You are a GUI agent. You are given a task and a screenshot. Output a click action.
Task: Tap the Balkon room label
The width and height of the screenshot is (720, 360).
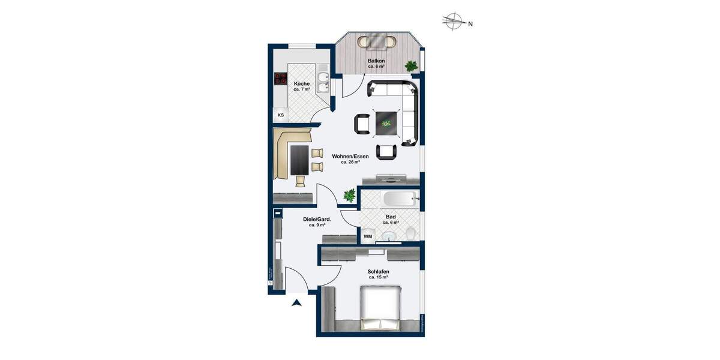pyautogui.click(x=376, y=61)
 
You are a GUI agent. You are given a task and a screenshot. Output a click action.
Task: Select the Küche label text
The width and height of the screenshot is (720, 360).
pyautogui.click(x=302, y=83)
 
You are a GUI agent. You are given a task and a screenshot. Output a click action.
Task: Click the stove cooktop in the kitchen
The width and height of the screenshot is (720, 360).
pyautogui.click(x=280, y=77)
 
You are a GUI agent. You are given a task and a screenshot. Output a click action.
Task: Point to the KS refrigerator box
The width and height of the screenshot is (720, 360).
pyautogui.click(x=280, y=115)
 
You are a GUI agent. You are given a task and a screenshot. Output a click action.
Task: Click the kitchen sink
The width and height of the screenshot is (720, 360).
pyautogui.click(x=323, y=83)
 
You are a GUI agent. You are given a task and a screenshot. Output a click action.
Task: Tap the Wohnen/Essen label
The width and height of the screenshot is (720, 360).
pyautogui.click(x=350, y=156)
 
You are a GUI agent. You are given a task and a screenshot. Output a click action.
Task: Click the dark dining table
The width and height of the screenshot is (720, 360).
pyautogui.click(x=299, y=160)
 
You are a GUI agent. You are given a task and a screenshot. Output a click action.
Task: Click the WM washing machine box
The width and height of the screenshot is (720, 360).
pyautogui.click(x=368, y=236)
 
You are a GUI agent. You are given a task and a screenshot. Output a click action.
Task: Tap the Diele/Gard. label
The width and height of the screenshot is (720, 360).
pyautogui.click(x=317, y=219)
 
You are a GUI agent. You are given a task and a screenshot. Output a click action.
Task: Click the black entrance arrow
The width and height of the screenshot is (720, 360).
pyautogui.click(x=296, y=303)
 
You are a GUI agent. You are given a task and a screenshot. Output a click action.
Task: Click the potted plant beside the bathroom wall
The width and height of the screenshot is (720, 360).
pyautogui.click(x=349, y=194)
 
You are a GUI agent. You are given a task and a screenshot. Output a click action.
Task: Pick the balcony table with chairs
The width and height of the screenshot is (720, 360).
pyautogui.click(x=377, y=42)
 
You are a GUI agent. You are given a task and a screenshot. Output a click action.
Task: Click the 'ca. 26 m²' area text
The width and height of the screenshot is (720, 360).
pyautogui.click(x=350, y=162)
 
